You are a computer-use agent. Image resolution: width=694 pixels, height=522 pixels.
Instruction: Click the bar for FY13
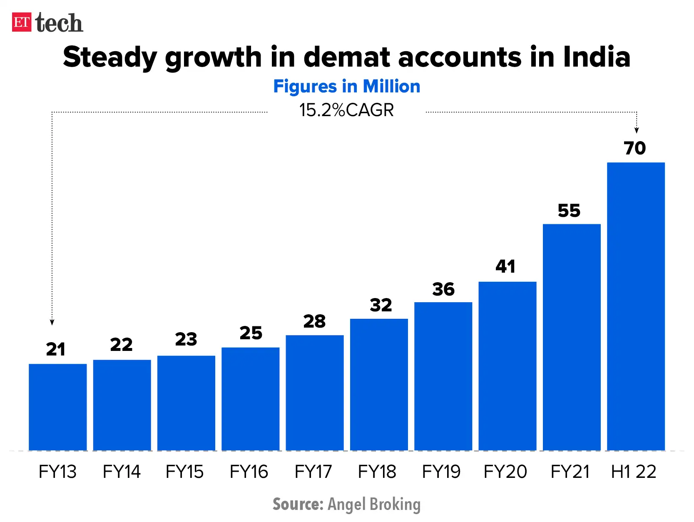[x=57, y=407]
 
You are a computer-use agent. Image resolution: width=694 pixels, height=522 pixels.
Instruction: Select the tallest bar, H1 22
[x=636, y=306]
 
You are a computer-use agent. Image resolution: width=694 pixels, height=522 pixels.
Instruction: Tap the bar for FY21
[x=572, y=337]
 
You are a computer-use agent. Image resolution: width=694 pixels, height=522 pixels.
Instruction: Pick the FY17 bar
[x=315, y=393]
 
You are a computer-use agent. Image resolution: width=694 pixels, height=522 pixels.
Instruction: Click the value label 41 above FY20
[x=505, y=266]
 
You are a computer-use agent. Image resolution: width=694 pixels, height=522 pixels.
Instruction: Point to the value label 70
[x=634, y=148]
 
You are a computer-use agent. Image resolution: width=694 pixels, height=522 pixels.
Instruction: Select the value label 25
[x=251, y=333]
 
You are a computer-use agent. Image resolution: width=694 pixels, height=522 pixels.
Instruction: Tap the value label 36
[x=443, y=289]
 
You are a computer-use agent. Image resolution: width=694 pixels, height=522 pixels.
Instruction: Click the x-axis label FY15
[x=184, y=472]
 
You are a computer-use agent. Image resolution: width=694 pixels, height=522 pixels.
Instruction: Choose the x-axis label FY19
[x=441, y=472]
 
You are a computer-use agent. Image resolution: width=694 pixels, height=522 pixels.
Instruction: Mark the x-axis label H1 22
[x=633, y=472]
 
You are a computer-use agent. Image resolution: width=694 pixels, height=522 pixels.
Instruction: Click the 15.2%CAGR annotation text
[x=346, y=110]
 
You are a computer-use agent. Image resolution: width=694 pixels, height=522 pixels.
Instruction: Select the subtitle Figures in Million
[x=346, y=87]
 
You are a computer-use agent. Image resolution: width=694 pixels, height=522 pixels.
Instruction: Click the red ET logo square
[x=22, y=22]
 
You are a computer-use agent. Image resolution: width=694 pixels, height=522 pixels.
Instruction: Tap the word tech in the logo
[x=59, y=23]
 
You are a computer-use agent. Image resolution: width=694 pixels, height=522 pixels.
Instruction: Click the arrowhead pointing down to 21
[x=52, y=322]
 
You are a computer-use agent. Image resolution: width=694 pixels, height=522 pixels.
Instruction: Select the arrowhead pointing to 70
[x=637, y=130]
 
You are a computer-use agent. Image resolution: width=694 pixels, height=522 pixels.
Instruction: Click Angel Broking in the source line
[x=374, y=504]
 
